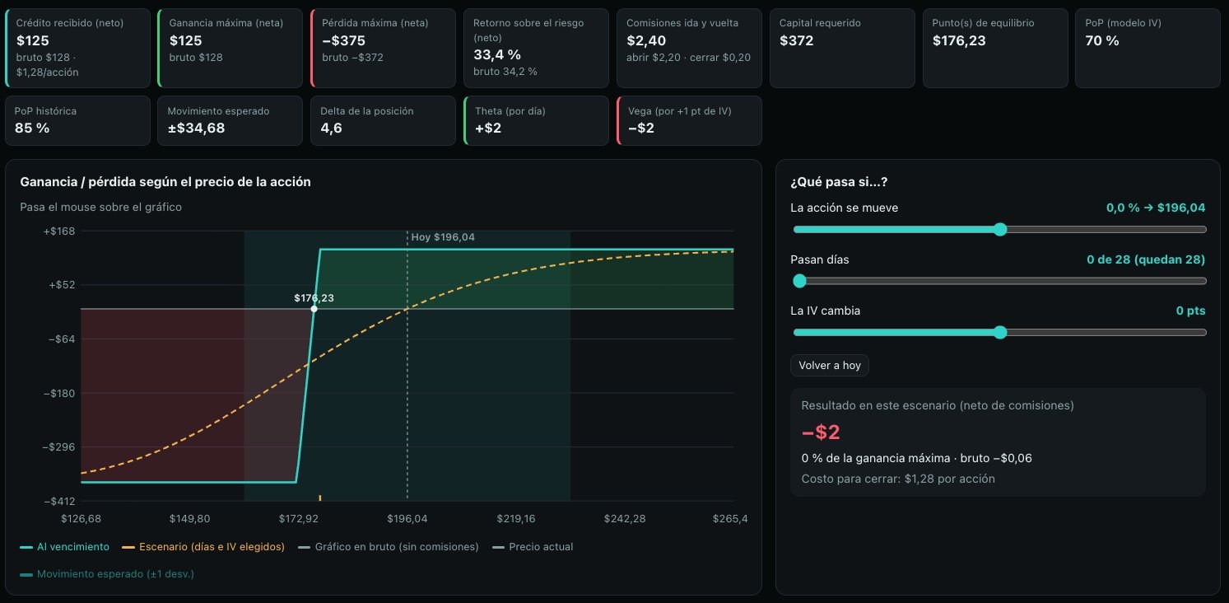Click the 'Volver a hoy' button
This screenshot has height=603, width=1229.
[829, 365]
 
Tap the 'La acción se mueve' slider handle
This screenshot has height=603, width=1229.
[1000, 230]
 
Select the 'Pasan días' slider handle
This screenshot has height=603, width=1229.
[799, 281]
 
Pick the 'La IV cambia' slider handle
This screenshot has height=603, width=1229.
[1000, 332]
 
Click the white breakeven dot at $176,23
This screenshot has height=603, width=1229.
[314, 309]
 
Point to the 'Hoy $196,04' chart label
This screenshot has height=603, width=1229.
[443, 237]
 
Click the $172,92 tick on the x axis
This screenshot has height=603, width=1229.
[299, 518]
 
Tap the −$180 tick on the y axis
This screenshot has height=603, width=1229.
[59, 393]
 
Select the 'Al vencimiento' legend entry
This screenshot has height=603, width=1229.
[65, 547]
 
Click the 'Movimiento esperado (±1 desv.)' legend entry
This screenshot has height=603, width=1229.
[107, 574]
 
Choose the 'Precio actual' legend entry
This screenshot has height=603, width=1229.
[533, 547]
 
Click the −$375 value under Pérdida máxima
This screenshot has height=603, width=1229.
[343, 40]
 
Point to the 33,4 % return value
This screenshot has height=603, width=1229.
[497, 55]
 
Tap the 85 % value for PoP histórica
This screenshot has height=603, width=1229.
[32, 128]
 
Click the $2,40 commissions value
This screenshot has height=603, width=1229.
[646, 40]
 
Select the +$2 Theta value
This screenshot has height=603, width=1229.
[488, 128]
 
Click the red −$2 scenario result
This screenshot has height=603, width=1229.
[821, 432]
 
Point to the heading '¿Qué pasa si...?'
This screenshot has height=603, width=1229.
[839, 182]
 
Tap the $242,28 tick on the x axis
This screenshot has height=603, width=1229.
[625, 518]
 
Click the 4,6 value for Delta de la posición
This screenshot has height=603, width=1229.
[332, 128]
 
